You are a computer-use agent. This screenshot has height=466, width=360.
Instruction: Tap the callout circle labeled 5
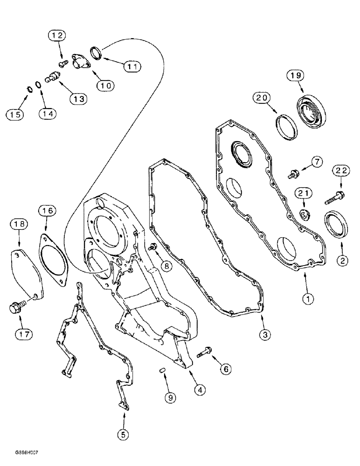pos(123,434)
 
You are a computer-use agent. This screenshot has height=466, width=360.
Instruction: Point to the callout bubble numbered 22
pos(341,171)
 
